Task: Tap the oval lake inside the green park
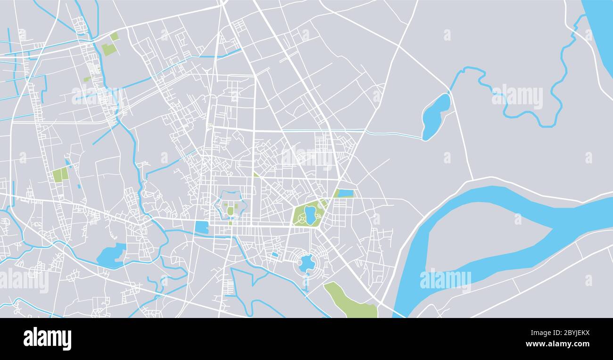310,215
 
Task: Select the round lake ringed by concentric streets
306,263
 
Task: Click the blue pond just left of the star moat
202,227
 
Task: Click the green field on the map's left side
60,175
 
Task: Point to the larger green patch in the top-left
108,49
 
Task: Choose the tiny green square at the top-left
114,36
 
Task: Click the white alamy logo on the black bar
47,339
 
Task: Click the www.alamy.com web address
557,344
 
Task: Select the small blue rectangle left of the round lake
274,255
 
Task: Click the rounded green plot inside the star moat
230,210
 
